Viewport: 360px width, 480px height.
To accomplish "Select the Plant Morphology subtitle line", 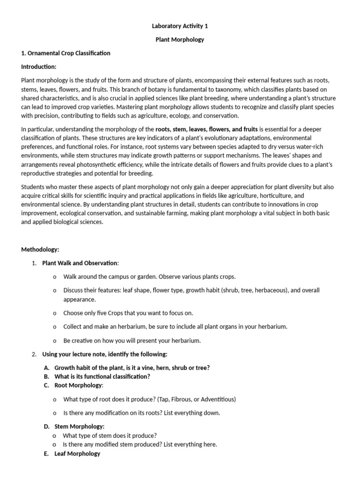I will (x=180, y=40).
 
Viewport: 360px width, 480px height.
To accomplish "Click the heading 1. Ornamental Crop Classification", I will (x=66, y=53).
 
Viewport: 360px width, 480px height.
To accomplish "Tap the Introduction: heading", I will (x=38, y=67).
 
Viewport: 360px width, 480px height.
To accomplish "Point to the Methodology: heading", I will (x=40, y=249).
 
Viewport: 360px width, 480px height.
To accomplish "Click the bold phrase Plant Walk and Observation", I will (x=80, y=263).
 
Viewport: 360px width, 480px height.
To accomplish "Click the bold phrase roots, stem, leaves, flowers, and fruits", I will (x=207, y=129).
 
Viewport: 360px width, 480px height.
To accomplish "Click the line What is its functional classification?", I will (x=102, y=376).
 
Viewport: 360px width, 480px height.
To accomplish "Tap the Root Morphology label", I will (x=78, y=385).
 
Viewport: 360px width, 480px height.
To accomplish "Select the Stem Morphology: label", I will (x=79, y=426).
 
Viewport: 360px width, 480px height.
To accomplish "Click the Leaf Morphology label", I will (x=77, y=453).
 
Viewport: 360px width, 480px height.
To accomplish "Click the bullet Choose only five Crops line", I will (x=128, y=313).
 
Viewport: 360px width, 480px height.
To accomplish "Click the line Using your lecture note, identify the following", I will (x=105, y=354).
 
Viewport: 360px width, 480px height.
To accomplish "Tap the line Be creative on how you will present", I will (x=132, y=340).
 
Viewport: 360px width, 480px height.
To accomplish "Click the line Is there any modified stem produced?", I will (x=140, y=444).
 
